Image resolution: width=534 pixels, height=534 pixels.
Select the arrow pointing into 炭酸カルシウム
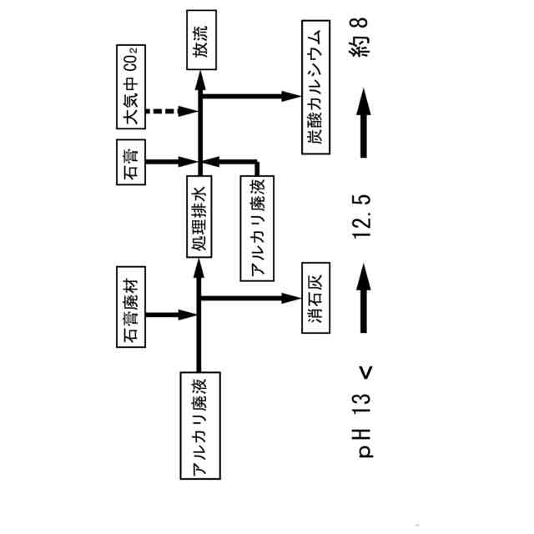(250, 96)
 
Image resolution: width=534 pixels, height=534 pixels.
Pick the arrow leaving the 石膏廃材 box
(171, 315)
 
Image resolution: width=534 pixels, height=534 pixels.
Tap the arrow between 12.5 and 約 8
(363, 124)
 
